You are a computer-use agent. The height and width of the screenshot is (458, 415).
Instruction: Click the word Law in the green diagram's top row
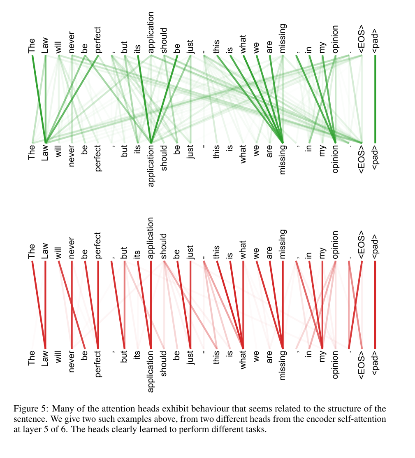coord(45,45)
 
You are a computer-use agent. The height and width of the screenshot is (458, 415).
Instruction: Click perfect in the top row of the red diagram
coord(98,246)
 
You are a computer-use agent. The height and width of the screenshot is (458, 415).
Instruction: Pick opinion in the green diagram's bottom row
coord(336,159)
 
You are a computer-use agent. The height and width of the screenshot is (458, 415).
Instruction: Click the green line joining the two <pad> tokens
coord(375,99)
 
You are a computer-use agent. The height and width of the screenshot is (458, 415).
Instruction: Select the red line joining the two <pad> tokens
coord(375,305)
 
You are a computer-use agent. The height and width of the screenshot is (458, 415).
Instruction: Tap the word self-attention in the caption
coord(362,419)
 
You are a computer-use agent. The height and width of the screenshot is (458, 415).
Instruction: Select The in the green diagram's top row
coord(32,46)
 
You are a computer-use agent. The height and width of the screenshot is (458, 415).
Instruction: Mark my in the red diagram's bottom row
coord(322,357)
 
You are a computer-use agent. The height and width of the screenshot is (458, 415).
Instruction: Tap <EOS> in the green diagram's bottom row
coord(362,158)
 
